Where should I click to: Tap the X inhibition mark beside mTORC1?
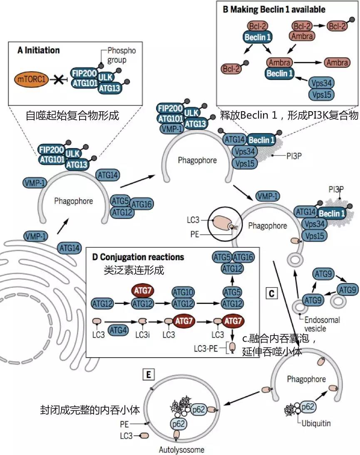(x=58, y=78)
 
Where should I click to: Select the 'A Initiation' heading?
(x=39, y=50)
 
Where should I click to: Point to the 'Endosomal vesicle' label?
(x=322, y=324)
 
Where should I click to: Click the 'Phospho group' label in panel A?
(x=122, y=55)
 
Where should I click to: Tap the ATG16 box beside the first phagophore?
(x=141, y=204)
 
